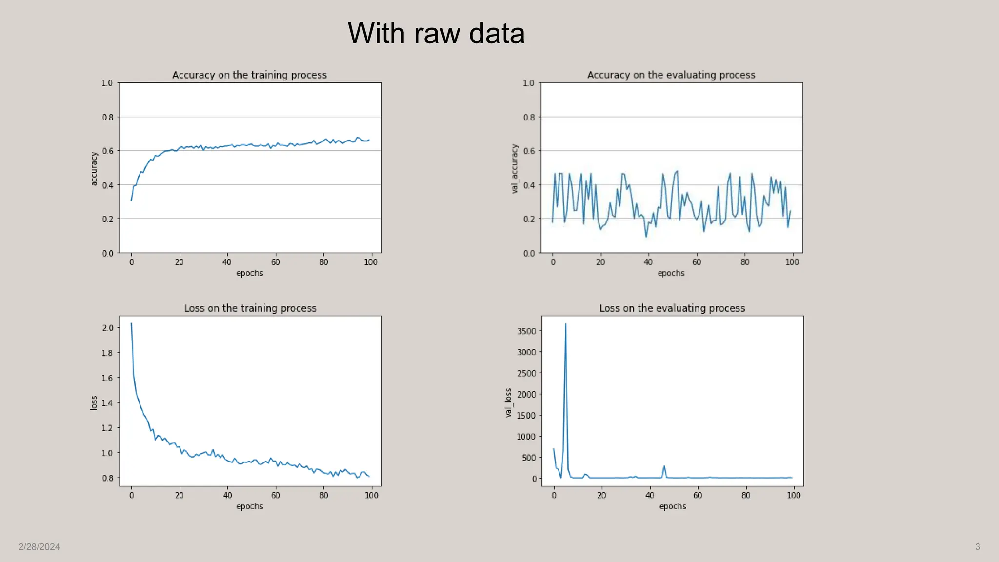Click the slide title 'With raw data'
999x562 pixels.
pos(436,33)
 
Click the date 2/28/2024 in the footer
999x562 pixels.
pos(39,547)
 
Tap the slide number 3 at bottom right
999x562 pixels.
pos(978,547)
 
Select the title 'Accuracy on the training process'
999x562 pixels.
pos(249,75)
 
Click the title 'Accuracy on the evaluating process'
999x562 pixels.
pos(671,75)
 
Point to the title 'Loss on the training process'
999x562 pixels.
pos(250,308)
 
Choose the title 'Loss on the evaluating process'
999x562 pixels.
pos(672,308)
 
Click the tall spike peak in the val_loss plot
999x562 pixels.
pos(565,324)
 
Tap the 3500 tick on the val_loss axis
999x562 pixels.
pos(526,331)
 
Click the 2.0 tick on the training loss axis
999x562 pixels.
pos(107,328)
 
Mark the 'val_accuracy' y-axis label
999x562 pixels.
pos(514,169)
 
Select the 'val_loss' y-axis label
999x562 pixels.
pos(508,402)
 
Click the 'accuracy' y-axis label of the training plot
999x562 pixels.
pos(94,169)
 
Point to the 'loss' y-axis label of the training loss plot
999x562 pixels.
pos(94,402)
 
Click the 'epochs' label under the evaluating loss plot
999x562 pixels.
pos(672,506)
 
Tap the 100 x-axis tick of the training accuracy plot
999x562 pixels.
pos(371,262)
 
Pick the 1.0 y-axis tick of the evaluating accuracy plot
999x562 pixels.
pos(528,83)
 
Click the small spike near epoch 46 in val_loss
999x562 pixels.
pos(664,466)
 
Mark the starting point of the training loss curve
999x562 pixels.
pos(131,323)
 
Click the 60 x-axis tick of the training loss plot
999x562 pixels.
pos(275,495)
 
